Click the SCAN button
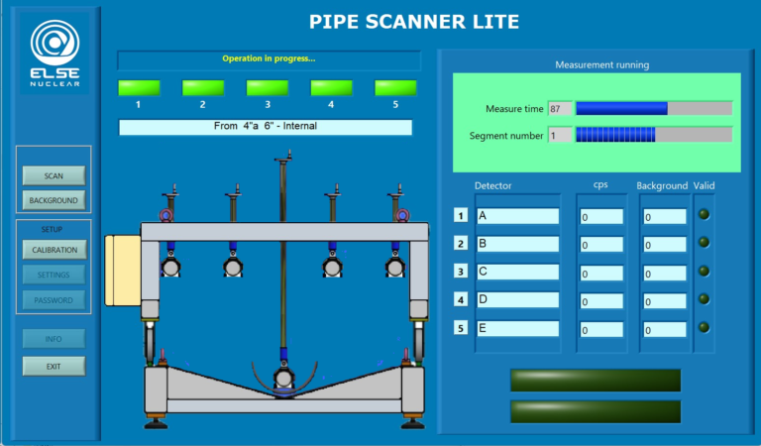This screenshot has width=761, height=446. click(x=54, y=175)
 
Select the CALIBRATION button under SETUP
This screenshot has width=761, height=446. click(x=54, y=250)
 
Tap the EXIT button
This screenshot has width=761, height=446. click(x=54, y=366)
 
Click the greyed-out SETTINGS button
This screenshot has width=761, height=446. click(x=54, y=275)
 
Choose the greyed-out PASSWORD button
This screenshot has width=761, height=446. click(x=54, y=299)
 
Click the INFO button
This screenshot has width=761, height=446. click(x=54, y=339)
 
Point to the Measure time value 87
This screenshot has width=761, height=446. click(x=560, y=108)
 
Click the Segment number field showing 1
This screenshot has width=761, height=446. click(x=560, y=135)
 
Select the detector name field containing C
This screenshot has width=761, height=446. click(x=517, y=272)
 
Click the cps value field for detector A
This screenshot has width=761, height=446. click(x=601, y=216)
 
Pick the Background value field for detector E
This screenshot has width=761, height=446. click(x=664, y=330)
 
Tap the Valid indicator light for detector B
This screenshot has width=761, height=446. click(x=705, y=242)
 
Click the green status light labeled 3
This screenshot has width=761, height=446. click(x=268, y=87)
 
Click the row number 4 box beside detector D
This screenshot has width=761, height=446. click(x=461, y=299)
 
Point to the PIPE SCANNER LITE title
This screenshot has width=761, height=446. click(x=413, y=22)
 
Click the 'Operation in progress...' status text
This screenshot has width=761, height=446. click(x=269, y=58)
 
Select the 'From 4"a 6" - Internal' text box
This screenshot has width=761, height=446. click(x=265, y=127)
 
